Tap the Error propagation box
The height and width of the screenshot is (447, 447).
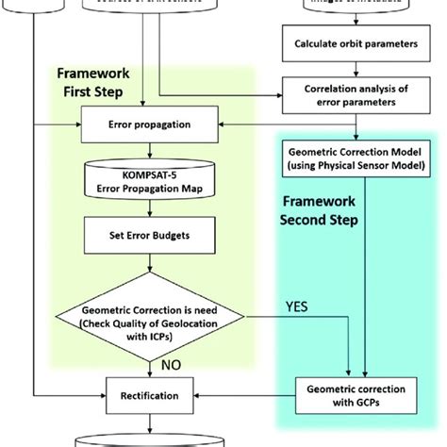(x=142, y=124)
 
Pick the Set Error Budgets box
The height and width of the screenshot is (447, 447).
(x=142, y=229)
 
